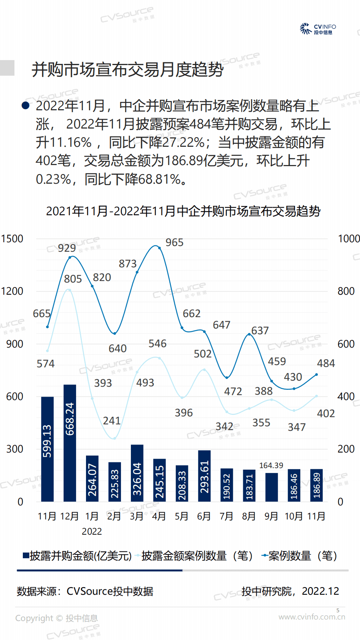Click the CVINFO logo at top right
318,29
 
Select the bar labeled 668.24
70,443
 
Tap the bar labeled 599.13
47,449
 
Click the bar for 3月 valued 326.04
137,473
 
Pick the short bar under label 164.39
271,487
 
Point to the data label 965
174,243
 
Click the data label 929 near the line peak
67,248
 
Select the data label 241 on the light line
112,421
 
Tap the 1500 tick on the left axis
12,239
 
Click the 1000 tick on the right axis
348,239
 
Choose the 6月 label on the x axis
204,516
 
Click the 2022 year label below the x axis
92,532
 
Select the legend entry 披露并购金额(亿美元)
77,556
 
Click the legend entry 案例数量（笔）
299,556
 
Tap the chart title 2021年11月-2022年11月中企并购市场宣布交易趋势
183,211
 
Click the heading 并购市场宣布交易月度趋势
127,70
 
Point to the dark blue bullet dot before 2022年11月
25,105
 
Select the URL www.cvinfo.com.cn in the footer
312,617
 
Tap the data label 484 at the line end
326,364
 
